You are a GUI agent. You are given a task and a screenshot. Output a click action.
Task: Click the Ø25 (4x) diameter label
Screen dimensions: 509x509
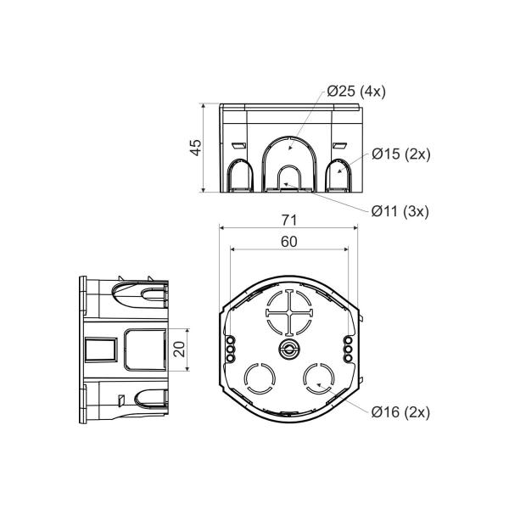point(356,92)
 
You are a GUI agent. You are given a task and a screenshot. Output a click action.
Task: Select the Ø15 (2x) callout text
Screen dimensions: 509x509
point(401,154)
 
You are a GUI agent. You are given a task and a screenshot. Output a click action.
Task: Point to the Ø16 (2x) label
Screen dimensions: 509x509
point(401,411)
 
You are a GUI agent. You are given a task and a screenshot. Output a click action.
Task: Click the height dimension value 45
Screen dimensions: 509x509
point(195,148)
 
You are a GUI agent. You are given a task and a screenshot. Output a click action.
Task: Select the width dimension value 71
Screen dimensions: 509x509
point(289,220)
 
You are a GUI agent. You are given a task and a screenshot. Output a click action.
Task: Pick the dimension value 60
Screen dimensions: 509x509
point(289,242)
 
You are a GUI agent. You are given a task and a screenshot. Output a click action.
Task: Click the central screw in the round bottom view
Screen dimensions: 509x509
point(289,350)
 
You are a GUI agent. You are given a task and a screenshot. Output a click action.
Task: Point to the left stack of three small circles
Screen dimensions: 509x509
point(228,349)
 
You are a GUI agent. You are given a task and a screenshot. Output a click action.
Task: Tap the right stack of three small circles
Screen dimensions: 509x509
point(349,349)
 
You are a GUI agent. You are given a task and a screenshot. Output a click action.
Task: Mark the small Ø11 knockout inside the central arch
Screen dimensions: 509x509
point(289,181)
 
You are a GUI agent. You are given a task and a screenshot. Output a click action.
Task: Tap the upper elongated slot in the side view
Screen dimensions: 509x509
point(144,297)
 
